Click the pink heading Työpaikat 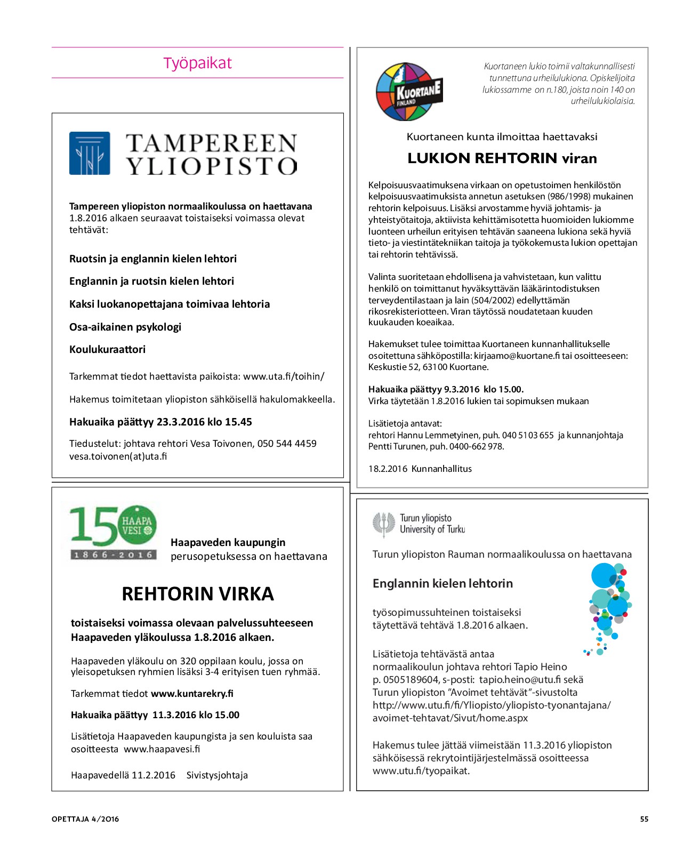pos(197,63)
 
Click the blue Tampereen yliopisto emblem pos(90,154)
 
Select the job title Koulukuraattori pos(107,349)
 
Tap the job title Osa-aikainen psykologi pos(125,327)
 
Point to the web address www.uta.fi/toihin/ pos(284,376)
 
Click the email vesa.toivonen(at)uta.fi pos(118,456)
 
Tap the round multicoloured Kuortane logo pos(409,92)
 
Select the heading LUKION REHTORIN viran pos(502,158)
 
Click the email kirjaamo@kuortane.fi pos(517,356)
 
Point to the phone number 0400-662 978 pos(476,447)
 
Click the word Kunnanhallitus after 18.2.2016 pos(441,469)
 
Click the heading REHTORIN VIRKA pos(197,593)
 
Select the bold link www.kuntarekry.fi pos(192,694)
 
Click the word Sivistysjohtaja pos(217,775)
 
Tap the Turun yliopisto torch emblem pos(383,524)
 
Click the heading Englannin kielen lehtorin pos(442,583)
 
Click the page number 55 pos(644,819)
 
